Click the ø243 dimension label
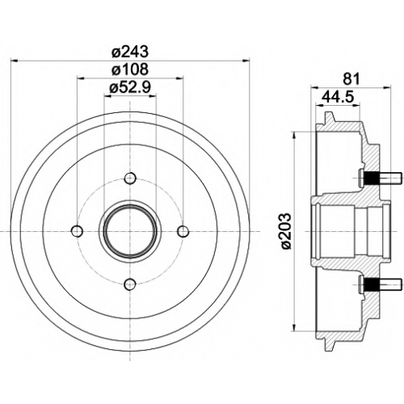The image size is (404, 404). click(130, 52)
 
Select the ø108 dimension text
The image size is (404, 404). click(130, 69)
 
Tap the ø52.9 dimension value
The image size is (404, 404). click(130, 87)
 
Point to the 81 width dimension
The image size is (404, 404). click(351, 79)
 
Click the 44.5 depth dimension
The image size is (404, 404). click(337, 97)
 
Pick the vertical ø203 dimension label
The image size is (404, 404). click(286, 231)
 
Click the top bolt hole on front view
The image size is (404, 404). click(130, 179)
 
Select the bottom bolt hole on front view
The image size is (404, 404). click(130, 284)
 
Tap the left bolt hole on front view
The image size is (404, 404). click(78, 231)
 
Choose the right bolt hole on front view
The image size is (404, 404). click(183, 231)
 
